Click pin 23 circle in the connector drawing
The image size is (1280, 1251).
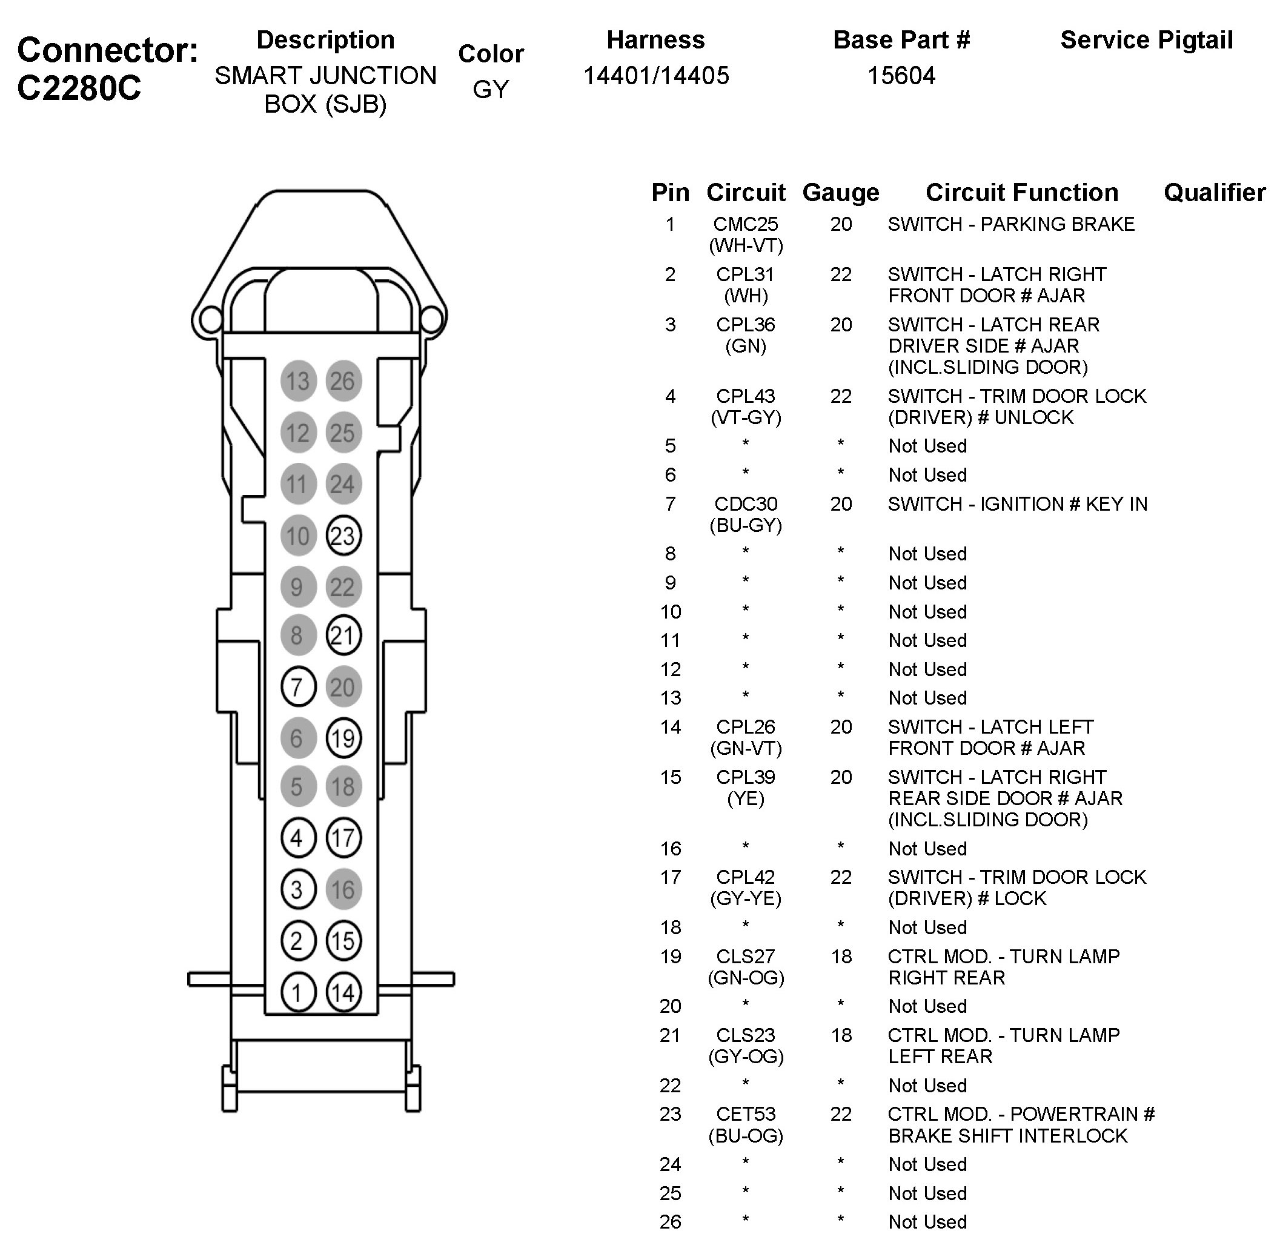343,536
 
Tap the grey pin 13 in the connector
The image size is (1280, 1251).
297,381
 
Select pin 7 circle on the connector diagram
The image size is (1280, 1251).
297,687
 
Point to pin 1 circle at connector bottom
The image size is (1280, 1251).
297,992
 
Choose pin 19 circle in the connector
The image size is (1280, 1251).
343,738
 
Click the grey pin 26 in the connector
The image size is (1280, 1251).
343,381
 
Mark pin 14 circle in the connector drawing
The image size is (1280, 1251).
343,992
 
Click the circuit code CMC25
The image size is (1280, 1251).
745,225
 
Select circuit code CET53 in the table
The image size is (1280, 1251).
745,1114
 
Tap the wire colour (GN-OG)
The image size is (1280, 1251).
745,978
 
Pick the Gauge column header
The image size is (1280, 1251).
840,193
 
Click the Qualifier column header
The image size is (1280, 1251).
1215,193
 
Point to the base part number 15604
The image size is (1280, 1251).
901,76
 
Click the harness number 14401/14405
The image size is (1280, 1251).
656,76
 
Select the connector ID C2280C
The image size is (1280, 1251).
79,87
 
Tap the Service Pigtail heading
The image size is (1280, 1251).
1146,40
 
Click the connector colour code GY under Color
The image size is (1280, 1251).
490,90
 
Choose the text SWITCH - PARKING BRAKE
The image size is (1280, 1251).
1010,225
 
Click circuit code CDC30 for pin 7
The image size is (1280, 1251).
745,504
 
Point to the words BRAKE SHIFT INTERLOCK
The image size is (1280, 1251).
1007,1136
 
